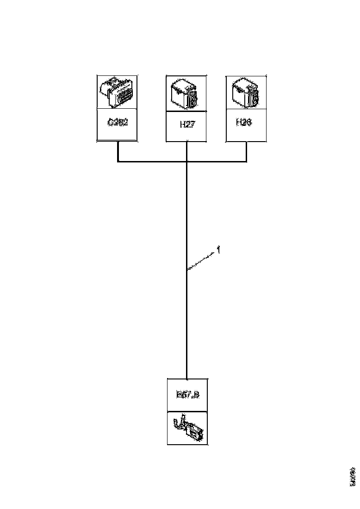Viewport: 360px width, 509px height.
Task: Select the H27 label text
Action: coord(186,125)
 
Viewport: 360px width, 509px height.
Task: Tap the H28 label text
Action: coord(244,123)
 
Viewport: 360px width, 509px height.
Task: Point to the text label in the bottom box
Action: coord(187,395)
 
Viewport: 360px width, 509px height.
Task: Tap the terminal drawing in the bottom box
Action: coord(187,428)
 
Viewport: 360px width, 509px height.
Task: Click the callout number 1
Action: coord(218,250)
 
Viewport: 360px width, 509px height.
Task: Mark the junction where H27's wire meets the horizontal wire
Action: coord(186,161)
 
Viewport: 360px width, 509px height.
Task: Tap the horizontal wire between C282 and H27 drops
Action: coord(152,161)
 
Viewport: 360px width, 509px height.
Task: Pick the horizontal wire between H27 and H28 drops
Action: coord(216,161)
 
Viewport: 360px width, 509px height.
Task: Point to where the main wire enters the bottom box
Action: coord(186,378)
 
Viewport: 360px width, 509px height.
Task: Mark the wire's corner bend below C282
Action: coord(118,161)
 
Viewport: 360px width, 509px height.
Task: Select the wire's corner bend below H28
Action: coord(246,161)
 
